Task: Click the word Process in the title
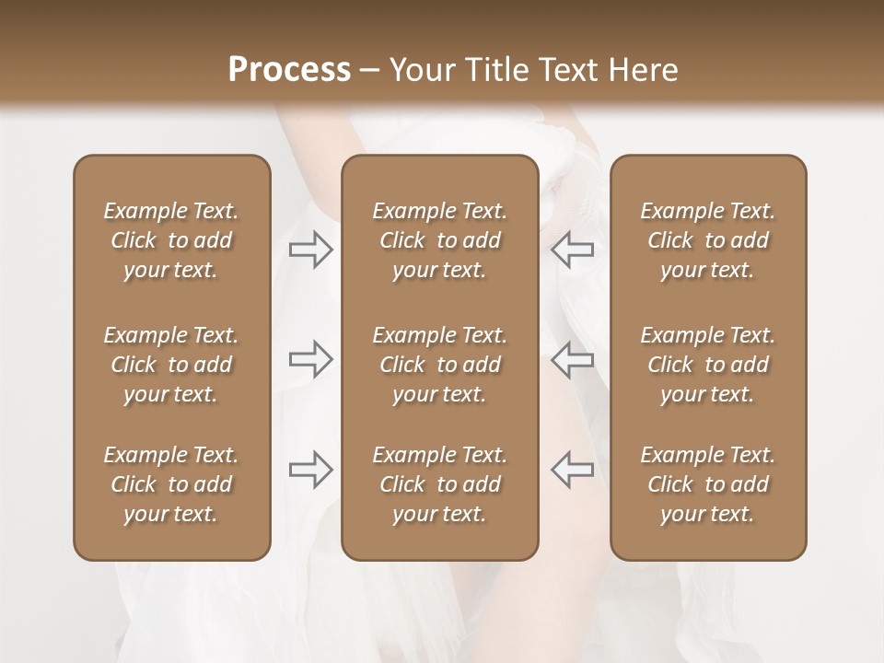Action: [x=289, y=70]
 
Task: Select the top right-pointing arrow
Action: [x=311, y=250]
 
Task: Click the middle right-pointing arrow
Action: [x=311, y=359]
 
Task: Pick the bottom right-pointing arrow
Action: [x=311, y=470]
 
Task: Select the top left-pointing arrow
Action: [x=572, y=250]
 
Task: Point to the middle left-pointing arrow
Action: [x=572, y=359]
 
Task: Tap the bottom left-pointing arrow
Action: [x=572, y=470]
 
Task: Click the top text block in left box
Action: [x=171, y=240]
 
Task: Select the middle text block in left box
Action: [x=171, y=365]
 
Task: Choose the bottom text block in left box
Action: [x=171, y=484]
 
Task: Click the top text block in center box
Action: [x=439, y=240]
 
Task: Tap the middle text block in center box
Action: [x=439, y=365]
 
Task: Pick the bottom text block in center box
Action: [x=439, y=484]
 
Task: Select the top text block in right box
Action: [x=707, y=240]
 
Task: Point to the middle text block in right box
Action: [x=707, y=365]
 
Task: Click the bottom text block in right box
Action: [x=707, y=484]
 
